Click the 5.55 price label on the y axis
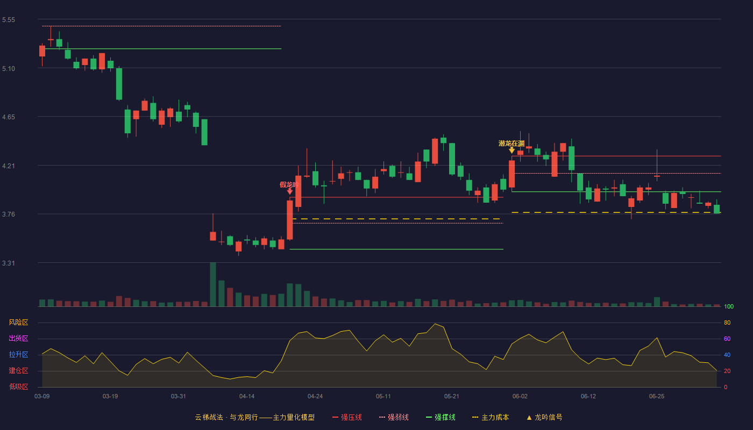coord(9,20)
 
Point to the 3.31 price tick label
coord(9,263)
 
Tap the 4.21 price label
coord(9,166)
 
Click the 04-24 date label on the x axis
coord(315,397)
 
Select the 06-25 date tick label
coord(657,397)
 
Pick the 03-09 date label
coord(42,397)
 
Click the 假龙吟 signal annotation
coord(289,185)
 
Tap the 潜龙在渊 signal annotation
coord(512,144)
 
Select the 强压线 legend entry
coord(347,417)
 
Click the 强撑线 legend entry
coord(441,417)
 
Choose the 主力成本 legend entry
coord(491,417)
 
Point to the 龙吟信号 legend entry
coord(544,417)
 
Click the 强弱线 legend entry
coord(394,417)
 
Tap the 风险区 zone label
coord(18,322)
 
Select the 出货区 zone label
coord(18,338)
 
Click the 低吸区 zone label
coord(18,386)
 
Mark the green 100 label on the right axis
coord(729,306)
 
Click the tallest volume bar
coord(213,284)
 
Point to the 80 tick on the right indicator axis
coord(727,322)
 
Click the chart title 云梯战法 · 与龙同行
coord(226,417)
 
